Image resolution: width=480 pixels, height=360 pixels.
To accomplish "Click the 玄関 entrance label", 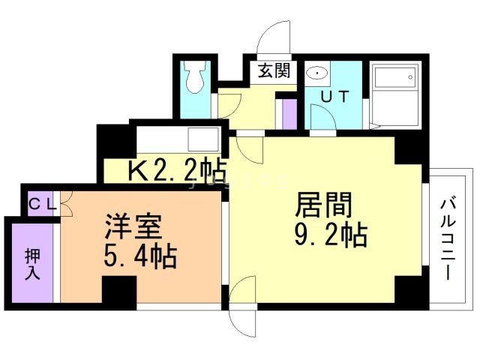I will pos(274,72).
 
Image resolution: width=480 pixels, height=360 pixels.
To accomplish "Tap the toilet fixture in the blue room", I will pos(196,78).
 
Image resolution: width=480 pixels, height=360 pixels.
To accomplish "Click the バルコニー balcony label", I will pos(448,238).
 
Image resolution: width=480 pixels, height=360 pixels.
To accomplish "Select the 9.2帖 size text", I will pos(330,235).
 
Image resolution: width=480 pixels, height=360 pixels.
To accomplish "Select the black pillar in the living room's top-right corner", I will pos(409,149).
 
